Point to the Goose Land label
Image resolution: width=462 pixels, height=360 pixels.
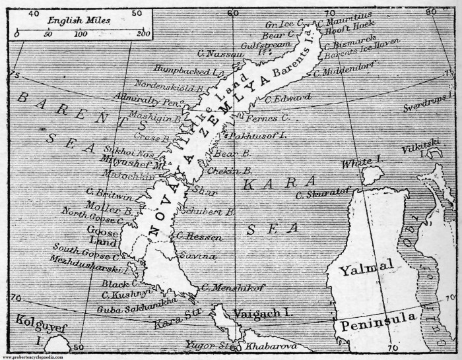(x=102, y=235)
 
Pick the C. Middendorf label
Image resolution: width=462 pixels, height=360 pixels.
(x=349, y=71)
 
